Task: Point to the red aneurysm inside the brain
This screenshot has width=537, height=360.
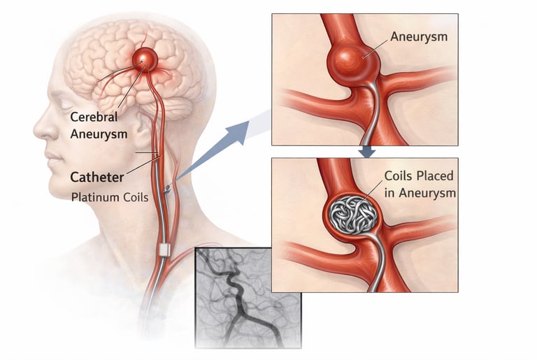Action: coord(145,59)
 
